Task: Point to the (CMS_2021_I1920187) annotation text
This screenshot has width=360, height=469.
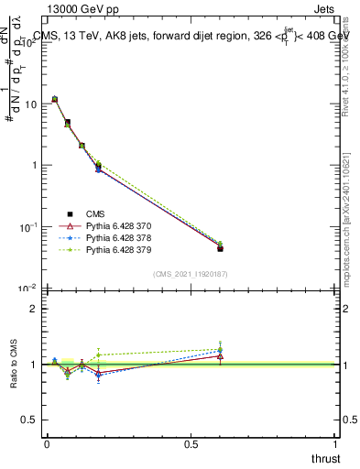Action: coord(191,273)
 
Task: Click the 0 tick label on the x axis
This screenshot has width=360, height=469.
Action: coord(46,443)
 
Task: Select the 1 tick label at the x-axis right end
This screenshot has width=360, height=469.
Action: coord(336,443)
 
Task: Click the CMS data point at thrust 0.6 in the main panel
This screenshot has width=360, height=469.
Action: coord(220,248)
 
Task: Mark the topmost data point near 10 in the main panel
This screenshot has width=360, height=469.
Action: coord(54,99)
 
